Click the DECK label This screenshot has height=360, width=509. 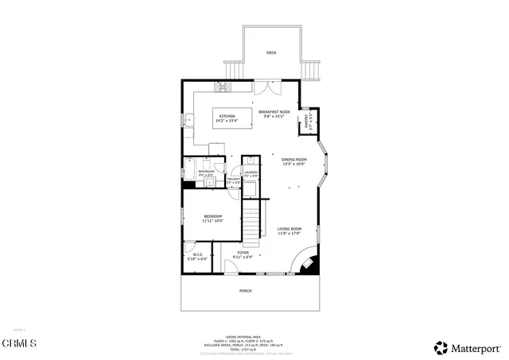(271, 53)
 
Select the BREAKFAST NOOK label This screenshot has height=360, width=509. (273, 113)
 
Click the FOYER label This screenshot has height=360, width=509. (242, 255)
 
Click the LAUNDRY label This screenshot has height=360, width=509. (251, 173)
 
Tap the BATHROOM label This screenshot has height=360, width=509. (207, 172)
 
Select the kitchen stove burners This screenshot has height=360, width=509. (223, 87)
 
